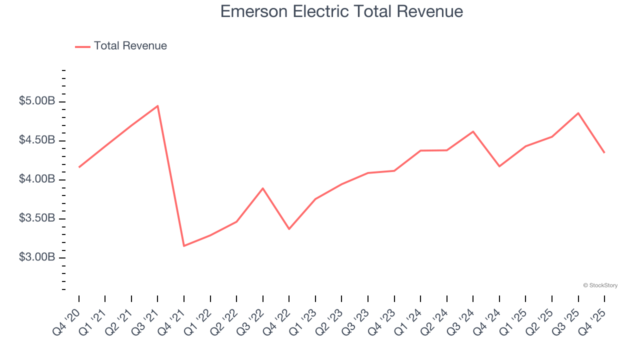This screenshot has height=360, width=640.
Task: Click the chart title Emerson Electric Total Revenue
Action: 341,11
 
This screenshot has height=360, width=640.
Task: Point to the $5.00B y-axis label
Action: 37,101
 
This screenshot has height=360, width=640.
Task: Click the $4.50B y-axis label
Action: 37,140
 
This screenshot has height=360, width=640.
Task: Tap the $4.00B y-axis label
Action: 37,179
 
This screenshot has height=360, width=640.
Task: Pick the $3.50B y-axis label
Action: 37,218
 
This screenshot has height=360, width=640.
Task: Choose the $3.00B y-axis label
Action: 37,257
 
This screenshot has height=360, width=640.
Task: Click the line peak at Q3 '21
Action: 157,106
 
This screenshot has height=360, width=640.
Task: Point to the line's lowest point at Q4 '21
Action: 184,245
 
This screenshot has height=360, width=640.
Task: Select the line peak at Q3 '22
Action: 263,188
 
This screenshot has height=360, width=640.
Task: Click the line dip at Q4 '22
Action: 289,229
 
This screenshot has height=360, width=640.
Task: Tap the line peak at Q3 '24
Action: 473,131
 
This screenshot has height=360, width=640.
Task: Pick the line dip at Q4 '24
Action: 499,166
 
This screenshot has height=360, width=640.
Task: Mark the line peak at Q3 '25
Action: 578,113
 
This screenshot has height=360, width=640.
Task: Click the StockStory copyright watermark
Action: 600,285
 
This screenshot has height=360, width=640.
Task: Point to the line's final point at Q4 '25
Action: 604,152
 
